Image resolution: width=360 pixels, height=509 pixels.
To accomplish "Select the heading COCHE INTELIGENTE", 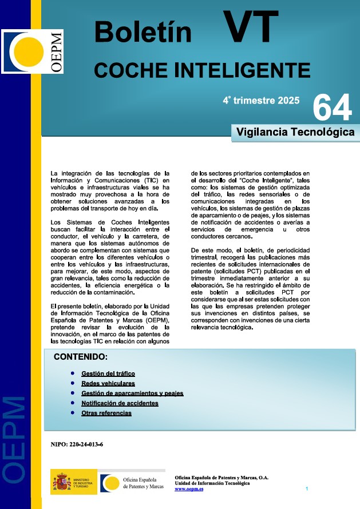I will point(202,70).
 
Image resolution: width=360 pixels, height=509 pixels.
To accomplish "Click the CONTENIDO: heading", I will point(81,357).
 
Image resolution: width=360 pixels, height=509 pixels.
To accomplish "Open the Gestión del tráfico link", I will point(108,373).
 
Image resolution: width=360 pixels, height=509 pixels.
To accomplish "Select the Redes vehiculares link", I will point(108,383).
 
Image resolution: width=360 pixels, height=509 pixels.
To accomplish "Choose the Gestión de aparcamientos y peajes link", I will point(132,393).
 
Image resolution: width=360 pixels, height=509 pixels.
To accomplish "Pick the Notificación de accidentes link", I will point(120,403).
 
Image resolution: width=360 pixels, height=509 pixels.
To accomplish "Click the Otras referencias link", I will point(106,413).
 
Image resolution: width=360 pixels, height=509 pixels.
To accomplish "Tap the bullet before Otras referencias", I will point(73,412).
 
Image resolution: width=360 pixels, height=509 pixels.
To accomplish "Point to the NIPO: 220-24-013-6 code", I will point(77,444).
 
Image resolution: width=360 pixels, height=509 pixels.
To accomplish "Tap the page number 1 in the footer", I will point(307,489).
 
